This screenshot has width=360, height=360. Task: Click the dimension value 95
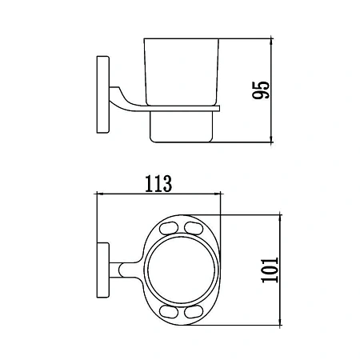coord(261,90)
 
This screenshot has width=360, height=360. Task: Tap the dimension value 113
coord(158,184)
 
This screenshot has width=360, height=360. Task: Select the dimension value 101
coord(270,270)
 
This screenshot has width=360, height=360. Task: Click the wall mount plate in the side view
coord(103,94)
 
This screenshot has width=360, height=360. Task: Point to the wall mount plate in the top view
coord(103,270)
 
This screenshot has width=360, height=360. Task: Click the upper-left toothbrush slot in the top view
coord(169,228)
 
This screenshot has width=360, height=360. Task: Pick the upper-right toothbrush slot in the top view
coord(194,228)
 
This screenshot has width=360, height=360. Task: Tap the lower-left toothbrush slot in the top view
coord(169,312)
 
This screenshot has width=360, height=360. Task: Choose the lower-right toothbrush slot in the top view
coord(194,312)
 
